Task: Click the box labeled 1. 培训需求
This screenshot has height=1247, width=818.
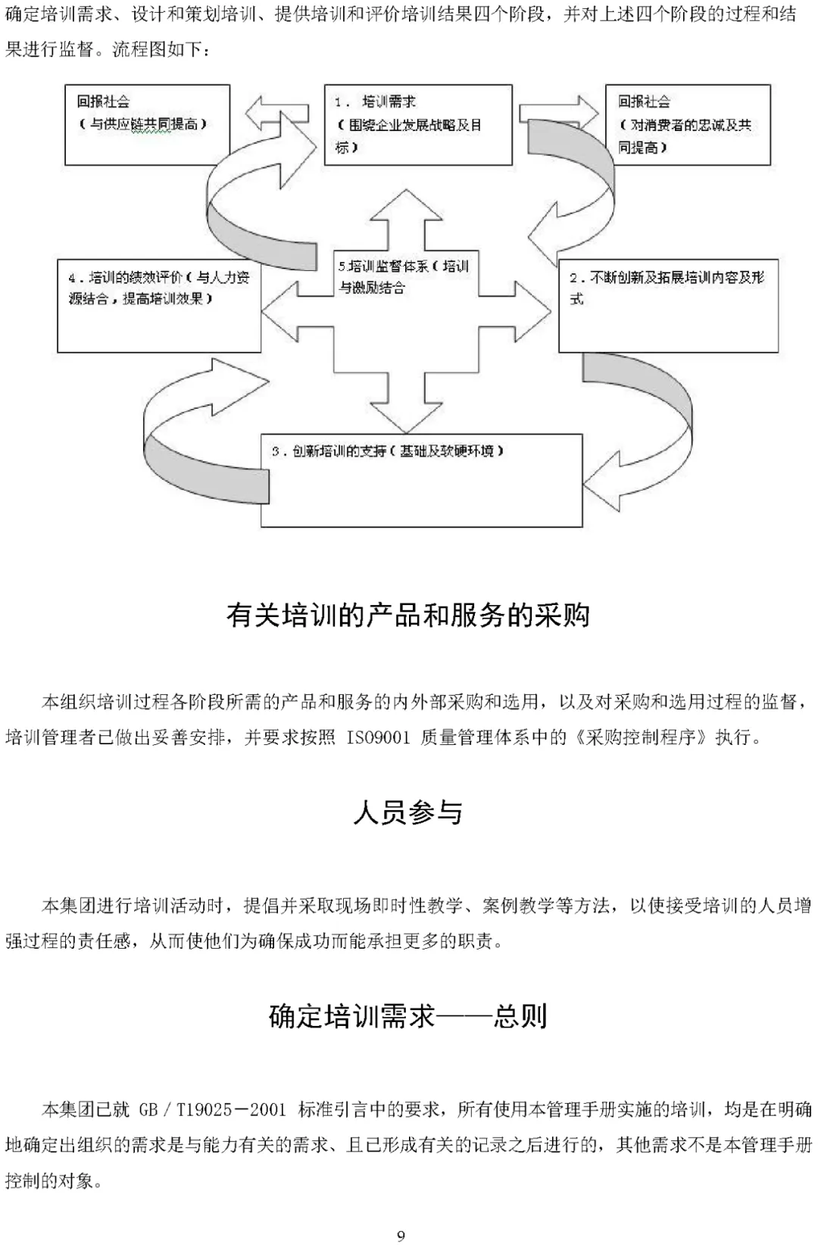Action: click(x=418, y=125)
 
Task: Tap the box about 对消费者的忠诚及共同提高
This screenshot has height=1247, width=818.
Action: click(x=687, y=125)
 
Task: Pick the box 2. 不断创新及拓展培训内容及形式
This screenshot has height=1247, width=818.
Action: click(x=668, y=306)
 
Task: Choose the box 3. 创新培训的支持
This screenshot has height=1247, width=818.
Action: click(x=421, y=480)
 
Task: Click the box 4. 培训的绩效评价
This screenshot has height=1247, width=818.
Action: click(x=159, y=306)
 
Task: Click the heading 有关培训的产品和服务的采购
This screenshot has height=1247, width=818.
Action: click(x=407, y=615)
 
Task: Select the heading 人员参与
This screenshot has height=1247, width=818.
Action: click(x=407, y=812)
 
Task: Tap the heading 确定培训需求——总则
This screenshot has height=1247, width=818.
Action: click(x=407, y=1016)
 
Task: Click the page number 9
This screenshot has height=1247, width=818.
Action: click(x=401, y=1236)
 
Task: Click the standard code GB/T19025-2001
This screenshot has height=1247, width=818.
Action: click(x=212, y=1110)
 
